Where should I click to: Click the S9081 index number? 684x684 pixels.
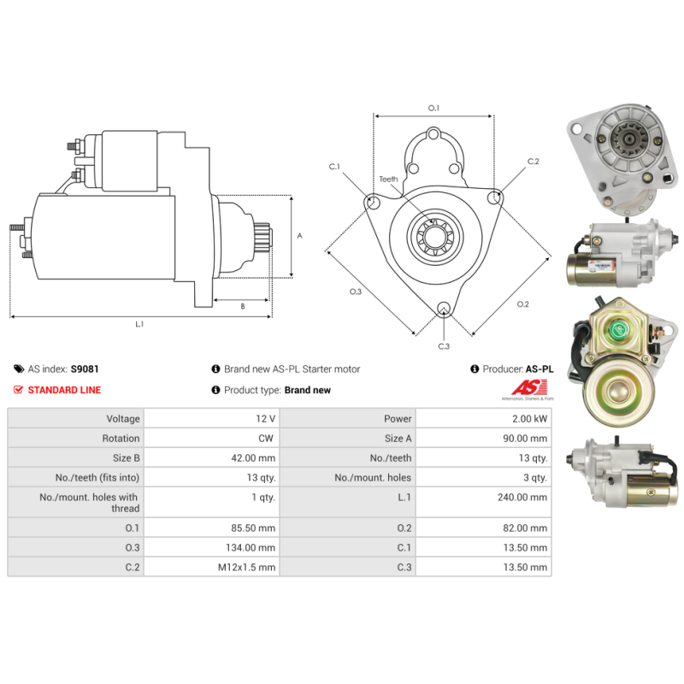84,369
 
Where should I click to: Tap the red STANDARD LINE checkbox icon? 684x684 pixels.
19,390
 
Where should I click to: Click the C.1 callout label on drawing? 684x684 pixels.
334,166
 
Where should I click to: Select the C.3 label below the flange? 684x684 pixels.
444,346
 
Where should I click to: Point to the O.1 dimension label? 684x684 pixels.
433,108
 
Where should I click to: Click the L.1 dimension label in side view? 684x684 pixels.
139,324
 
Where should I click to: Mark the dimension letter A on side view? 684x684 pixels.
298,236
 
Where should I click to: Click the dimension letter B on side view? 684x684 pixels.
242,305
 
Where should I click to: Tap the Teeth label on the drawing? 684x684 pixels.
389,180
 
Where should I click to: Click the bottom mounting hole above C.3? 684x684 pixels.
443,310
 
